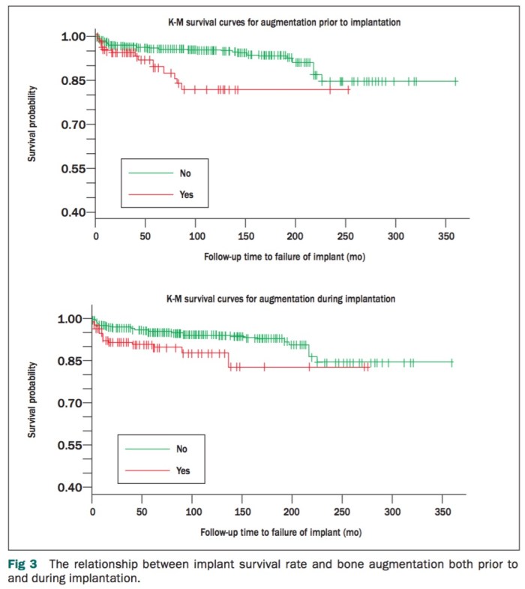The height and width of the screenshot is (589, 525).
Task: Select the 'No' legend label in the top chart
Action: point(184,173)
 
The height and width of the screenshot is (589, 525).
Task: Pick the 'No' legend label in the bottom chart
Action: point(182,449)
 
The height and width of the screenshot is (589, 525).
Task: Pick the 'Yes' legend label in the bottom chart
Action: point(183,471)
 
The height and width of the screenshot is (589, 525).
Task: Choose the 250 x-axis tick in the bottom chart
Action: point(342,511)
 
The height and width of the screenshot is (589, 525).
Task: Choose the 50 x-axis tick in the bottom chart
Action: point(142,511)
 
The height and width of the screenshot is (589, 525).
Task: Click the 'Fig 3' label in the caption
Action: point(22,563)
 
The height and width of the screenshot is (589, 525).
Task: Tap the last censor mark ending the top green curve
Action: point(455,81)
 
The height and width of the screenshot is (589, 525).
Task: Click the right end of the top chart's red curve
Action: point(349,89)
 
